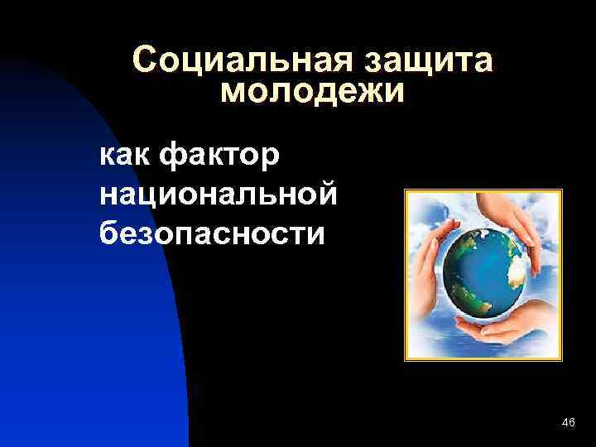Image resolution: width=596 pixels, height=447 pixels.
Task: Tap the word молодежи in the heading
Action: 314,92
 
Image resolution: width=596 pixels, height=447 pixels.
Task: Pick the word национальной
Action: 218,194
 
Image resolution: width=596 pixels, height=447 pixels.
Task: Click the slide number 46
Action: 568,423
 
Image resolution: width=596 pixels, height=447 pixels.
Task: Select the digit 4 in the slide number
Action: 564,423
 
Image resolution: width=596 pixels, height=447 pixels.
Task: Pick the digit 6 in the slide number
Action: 572,423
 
